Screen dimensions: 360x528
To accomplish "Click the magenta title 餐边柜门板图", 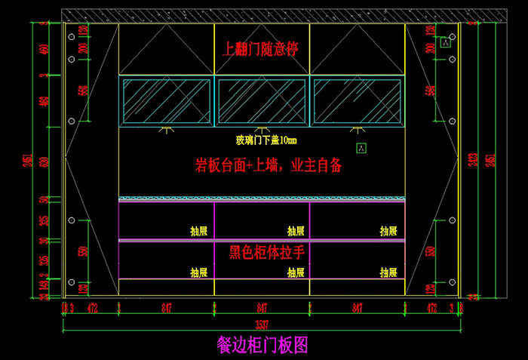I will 262,344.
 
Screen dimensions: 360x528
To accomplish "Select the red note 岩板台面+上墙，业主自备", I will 268,165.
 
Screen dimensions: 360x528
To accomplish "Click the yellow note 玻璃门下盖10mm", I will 266,140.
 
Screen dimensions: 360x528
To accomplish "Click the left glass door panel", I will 167,101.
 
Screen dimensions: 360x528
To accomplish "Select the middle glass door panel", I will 262,101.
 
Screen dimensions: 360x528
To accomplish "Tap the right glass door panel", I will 357,101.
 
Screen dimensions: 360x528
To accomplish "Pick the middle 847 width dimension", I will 262,308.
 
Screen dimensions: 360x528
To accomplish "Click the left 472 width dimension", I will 93,308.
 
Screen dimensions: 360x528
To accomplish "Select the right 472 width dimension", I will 432,308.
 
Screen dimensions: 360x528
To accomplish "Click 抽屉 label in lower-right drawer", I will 388,272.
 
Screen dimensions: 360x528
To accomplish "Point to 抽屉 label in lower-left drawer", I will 198,272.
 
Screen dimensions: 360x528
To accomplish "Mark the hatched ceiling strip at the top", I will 262,15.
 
